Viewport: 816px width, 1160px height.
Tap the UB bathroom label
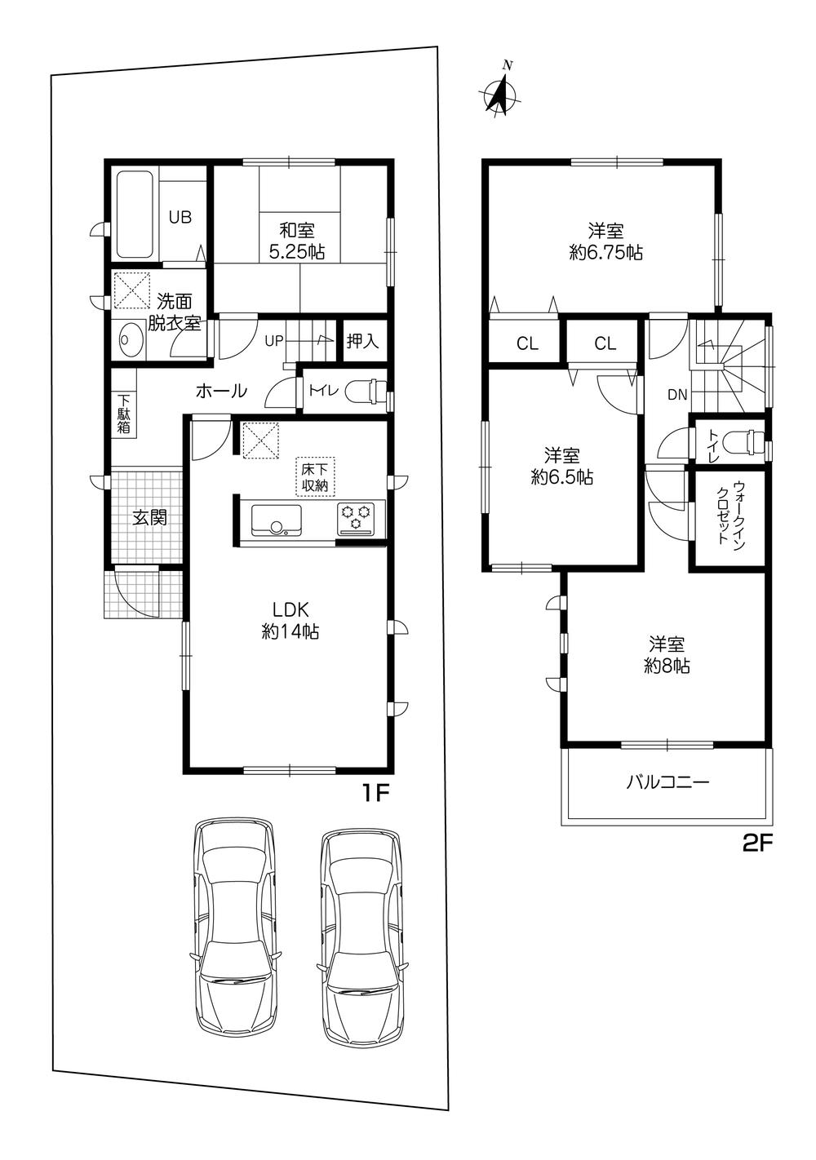pyautogui.click(x=180, y=217)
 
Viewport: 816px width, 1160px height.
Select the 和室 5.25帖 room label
pyautogui.click(x=296, y=241)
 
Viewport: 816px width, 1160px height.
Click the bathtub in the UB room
pyautogui.click(x=134, y=215)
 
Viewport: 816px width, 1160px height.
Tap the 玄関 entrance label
pyautogui.click(x=149, y=517)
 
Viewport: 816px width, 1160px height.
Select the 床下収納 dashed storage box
pyautogui.click(x=315, y=476)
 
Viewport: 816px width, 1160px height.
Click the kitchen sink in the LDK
pyautogui.click(x=276, y=520)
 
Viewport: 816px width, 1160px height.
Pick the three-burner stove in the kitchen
pyautogui.click(x=356, y=518)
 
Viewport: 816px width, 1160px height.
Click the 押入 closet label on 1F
pyautogui.click(x=362, y=341)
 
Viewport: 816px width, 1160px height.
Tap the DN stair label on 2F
pyautogui.click(x=676, y=395)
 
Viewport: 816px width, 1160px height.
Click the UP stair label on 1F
pyautogui.click(x=274, y=341)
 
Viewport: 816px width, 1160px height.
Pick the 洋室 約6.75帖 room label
pyautogui.click(x=605, y=241)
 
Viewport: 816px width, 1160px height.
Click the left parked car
pyautogui.click(x=235, y=936)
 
